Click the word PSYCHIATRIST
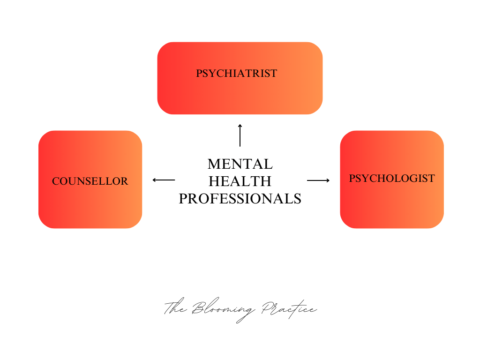tap(237, 74)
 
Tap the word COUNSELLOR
tap(90, 181)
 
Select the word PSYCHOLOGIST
tap(392, 179)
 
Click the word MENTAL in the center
tap(240, 164)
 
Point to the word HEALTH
tap(240, 181)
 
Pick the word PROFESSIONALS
tap(240, 198)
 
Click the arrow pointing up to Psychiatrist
tap(240, 135)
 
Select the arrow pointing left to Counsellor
tap(164, 180)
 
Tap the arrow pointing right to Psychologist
tap(318, 180)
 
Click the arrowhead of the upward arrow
tap(240, 126)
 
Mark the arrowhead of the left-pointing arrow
tap(154, 180)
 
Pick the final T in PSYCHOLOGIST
tap(431, 179)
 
